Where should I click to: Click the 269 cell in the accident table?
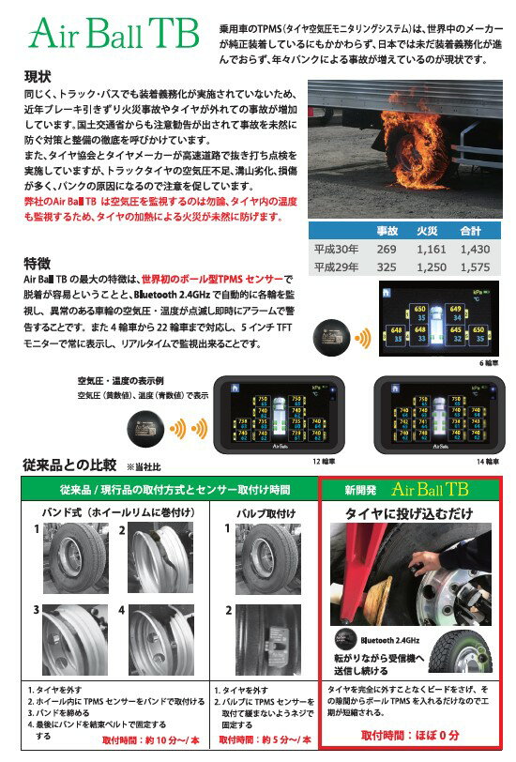(x=387, y=249)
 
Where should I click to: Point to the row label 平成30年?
(x=333, y=249)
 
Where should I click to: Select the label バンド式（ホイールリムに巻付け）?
(x=113, y=513)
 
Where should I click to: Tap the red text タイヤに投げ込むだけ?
(x=409, y=513)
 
